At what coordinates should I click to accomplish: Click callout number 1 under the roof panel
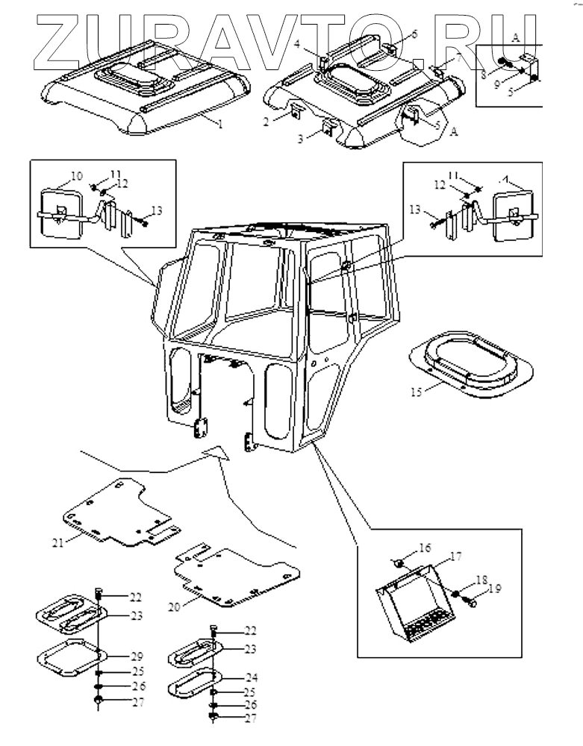tap(220, 125)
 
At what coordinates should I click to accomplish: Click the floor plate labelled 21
tap(119, 515)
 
